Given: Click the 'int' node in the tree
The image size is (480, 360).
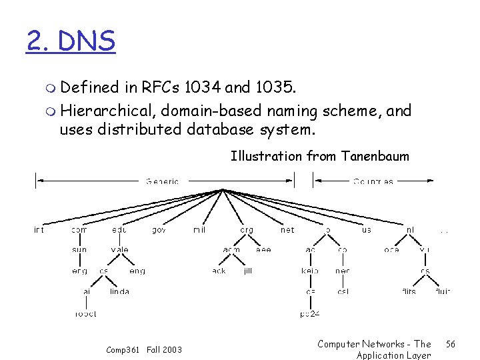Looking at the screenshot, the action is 39,230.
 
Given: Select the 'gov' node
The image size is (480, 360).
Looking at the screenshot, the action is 159,230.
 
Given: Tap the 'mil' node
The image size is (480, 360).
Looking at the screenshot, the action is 199,230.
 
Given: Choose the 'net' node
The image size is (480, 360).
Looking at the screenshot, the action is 287,230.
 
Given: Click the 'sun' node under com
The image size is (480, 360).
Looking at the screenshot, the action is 79,250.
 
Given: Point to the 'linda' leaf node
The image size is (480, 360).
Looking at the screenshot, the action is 119,291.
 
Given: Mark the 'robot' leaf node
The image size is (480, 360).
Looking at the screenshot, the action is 85,313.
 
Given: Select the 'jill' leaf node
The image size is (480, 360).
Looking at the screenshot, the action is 248,271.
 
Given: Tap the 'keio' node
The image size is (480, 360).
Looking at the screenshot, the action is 310,271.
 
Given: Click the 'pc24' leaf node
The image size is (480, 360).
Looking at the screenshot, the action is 310,313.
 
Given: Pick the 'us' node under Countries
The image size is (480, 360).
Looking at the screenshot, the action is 367,230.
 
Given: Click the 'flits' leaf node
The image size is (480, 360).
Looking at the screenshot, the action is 409,291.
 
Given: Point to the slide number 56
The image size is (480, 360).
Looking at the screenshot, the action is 450,344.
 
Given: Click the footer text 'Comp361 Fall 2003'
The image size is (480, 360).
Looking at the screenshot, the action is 143,349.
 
